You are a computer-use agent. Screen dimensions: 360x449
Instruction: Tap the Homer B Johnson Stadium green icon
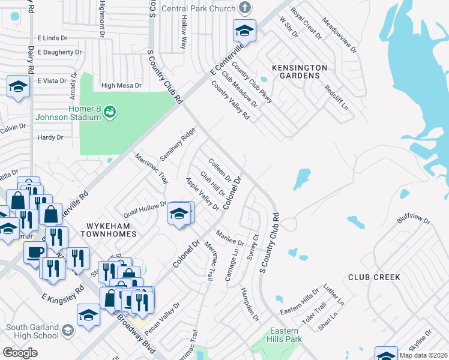pos(109,111)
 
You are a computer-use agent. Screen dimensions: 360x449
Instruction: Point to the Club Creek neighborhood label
pos(374,278)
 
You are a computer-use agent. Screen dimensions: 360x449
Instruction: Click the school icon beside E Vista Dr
pos(18,87)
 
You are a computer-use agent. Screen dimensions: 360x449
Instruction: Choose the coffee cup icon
pos(35,252)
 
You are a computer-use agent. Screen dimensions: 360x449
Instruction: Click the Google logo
pos(20,352)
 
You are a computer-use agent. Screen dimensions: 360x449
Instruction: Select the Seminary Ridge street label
pos(178,144)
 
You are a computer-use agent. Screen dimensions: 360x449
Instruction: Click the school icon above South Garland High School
pos(88,315)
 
